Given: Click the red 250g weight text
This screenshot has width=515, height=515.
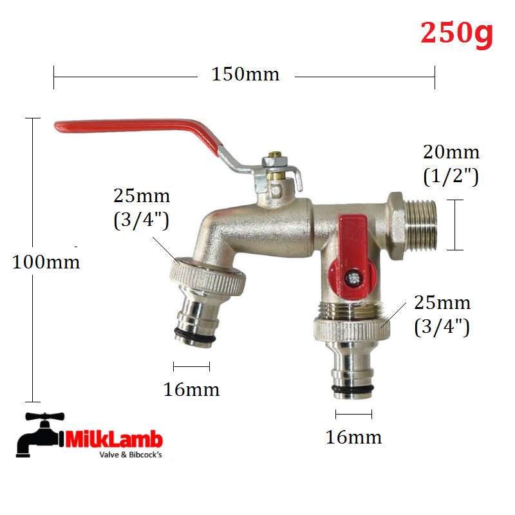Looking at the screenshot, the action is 456,33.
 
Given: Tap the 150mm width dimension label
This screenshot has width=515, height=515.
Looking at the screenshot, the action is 245,74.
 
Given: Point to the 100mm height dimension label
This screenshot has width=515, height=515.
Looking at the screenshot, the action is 46,262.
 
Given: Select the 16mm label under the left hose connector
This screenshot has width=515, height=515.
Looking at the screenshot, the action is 191,389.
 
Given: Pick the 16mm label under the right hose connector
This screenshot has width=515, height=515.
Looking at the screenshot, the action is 353,437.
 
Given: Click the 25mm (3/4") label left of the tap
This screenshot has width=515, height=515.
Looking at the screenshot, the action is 142,208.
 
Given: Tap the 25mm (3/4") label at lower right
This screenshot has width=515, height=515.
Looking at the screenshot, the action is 442,315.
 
